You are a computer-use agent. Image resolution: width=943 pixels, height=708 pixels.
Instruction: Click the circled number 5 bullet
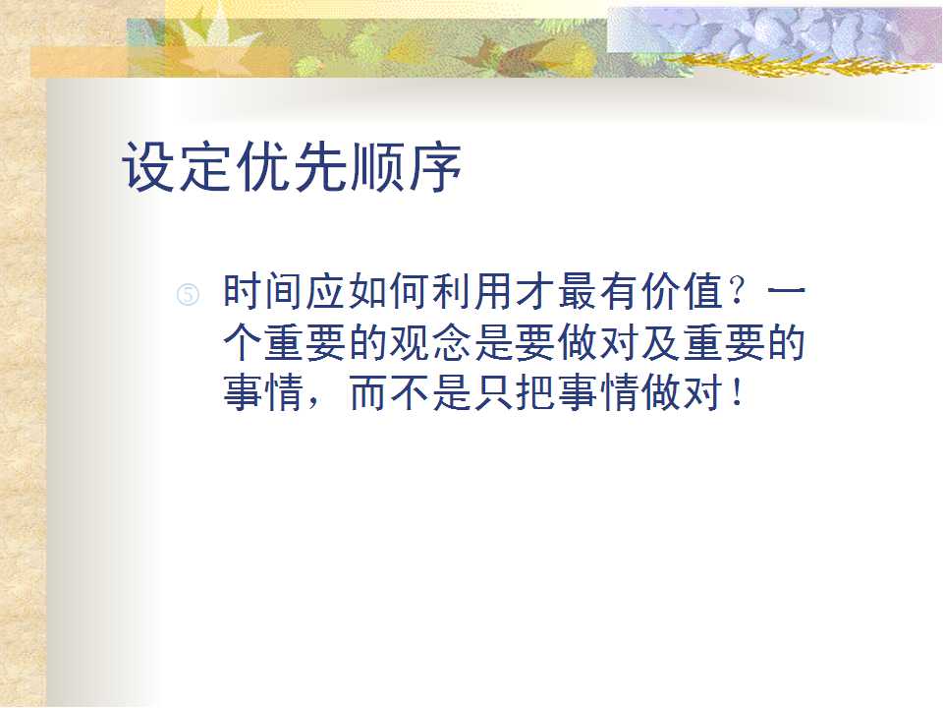click(188, 295)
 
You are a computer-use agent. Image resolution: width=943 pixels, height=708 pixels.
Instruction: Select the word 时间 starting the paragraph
click(264, 292)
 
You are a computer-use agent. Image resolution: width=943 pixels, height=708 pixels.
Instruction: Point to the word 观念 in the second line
click(430, 344)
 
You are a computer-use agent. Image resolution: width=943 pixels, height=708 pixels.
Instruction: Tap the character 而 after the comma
click(368, 394)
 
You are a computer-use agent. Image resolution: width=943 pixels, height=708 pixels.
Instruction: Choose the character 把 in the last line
click(535, 394)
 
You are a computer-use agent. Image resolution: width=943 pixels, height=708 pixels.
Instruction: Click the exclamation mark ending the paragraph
click(738, 392)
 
